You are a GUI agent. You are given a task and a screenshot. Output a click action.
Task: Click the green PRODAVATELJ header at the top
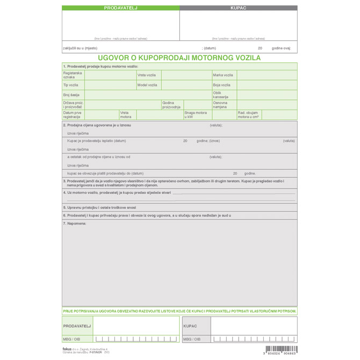(x=120, y=8)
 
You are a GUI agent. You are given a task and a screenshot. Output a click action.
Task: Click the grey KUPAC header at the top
(x=238, y=8)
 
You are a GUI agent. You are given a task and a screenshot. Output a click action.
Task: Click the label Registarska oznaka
(x=73, y=75)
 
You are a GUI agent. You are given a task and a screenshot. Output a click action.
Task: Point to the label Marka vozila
(x=223, y=75)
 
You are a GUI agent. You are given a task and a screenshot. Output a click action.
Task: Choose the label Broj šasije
(x=71, y=95)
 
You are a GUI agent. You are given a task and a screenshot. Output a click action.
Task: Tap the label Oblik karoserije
(x=221, y=95)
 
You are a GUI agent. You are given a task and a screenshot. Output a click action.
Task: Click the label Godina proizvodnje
(x=171, y=105)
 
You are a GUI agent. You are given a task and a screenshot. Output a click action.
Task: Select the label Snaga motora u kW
(x=196, y=114)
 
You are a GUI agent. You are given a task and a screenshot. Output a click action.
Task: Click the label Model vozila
(x=147, y=85)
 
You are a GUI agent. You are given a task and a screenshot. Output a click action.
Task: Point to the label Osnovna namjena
(x=220, y=105)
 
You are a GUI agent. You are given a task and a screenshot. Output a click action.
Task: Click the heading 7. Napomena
(x=75, y=222)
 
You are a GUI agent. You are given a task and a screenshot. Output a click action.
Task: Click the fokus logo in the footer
(x=67, y=349)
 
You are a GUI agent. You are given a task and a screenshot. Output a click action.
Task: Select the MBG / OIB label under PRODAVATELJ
(x=71, y=339)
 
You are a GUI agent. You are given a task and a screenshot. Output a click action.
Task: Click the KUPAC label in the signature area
(x=190, y=326)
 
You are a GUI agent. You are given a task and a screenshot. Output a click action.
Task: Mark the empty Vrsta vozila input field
(x=185, y=75)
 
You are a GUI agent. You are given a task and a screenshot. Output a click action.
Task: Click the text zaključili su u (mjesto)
(x=80, y=48)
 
